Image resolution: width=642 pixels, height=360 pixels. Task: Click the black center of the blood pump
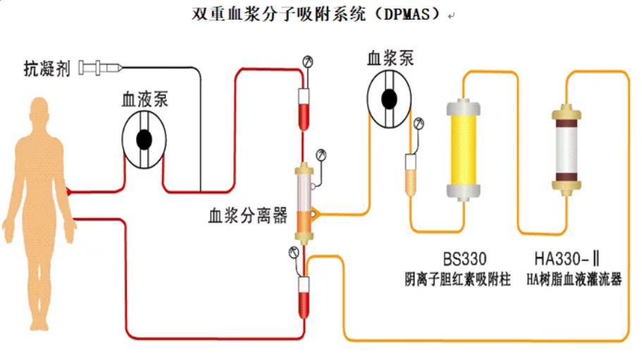click(144, 139)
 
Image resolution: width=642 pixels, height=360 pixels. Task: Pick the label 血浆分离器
click(247, 216)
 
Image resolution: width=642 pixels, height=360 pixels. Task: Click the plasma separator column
click(305, 203)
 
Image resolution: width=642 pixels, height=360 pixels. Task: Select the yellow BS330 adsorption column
click(464, 149)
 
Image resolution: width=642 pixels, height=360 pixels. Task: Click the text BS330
click(464, 258)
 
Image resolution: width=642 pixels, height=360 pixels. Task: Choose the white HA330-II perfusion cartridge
click(565, 149)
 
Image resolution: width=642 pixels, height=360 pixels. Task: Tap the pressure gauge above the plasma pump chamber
click(420, 124)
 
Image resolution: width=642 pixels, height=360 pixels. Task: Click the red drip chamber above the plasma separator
click(304, 106)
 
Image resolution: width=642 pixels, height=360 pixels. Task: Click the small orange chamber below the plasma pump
click(410, 174)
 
